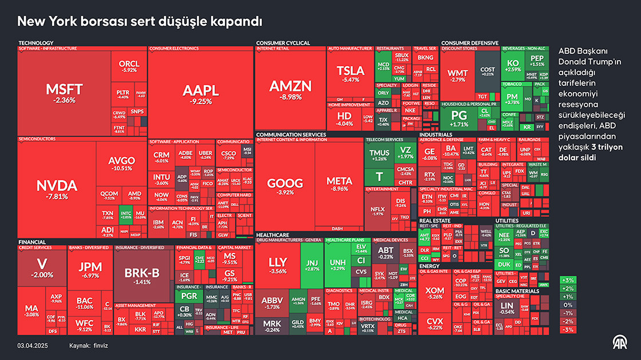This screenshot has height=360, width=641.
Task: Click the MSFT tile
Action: (64, 92)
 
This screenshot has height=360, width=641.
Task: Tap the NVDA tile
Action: (56, 189)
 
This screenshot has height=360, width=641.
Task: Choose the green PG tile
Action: (459, 117)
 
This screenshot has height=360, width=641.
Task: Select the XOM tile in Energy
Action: (435, 293)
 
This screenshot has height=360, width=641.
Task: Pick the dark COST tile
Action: (487, 71)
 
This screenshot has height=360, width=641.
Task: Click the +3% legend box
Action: (568, 280)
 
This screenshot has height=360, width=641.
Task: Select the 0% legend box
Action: (568, 305)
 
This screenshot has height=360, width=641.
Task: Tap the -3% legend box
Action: (568, 330)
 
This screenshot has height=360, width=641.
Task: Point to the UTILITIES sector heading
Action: (507, 220)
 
